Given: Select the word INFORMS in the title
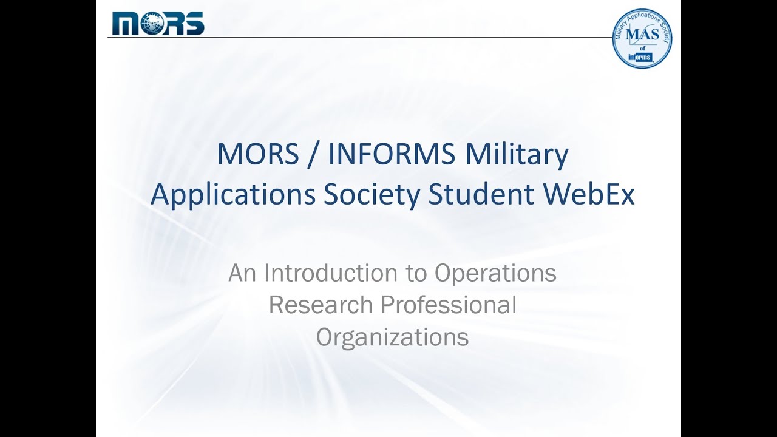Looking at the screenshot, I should (392, 155).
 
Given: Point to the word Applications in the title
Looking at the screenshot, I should (233, 195).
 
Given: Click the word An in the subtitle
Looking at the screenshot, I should (242, 273).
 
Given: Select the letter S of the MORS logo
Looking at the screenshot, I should (194, 24).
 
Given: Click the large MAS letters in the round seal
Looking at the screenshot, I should (642, 34).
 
